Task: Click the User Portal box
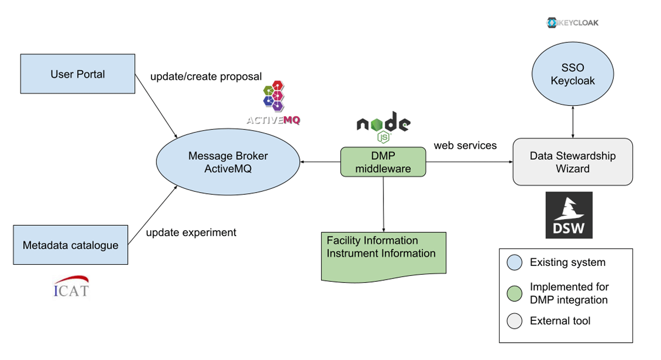point(77,74)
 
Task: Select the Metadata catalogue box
point(70,245)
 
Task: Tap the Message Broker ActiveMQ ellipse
point(227,162)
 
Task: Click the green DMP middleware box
point(383,162)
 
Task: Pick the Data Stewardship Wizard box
point(572,162)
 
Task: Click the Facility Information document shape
point(383,253)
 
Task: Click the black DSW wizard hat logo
point(569,215)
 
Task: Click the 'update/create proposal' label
point(206,77)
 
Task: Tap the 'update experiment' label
point(191,232)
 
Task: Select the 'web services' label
point(465,145)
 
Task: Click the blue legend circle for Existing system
point(514,262)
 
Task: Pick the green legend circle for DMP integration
point(514,293)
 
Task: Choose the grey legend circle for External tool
point(514,321)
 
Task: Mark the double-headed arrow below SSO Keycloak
point(574,122)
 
